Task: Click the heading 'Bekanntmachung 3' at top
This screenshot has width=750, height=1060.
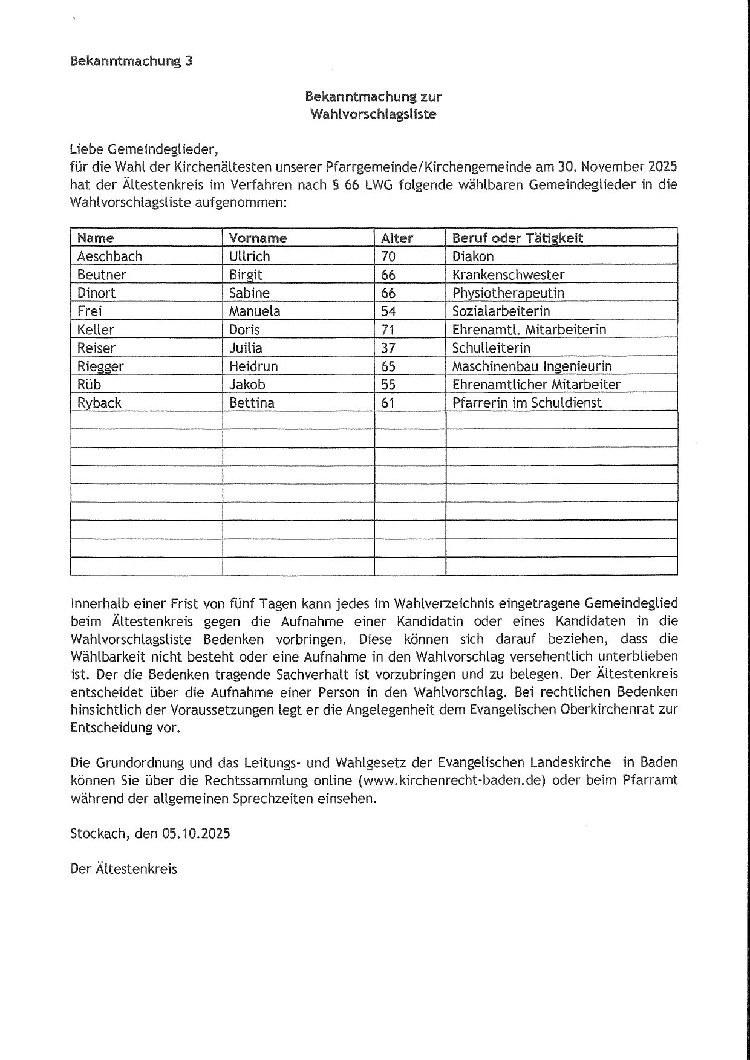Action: point(131,61)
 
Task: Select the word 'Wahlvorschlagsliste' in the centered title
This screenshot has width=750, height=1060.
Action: point(373,114)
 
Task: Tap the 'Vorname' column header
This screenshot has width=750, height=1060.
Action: point(258,238)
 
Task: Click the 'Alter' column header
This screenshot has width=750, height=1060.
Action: point(397,238)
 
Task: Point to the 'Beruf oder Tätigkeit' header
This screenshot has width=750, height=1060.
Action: point(518,238)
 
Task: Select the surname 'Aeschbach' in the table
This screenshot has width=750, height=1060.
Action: point(109,256)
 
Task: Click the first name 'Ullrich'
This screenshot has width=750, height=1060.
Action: point(249,256)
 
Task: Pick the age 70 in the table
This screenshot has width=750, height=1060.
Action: point(388,256)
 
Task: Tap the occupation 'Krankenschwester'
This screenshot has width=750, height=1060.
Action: point(508,275)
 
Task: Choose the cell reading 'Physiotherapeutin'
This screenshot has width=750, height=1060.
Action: point(508,293)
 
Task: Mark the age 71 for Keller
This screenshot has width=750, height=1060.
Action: point(388,330)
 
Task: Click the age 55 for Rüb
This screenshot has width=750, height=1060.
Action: point(388,385)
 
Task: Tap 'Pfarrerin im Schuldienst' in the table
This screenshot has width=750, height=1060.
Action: point(527,403)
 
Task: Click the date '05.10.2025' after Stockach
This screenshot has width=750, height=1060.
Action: point(195,833)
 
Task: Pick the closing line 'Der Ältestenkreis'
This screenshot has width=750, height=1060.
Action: point(124,869)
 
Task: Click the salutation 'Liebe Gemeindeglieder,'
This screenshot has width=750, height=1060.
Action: point(143,149)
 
